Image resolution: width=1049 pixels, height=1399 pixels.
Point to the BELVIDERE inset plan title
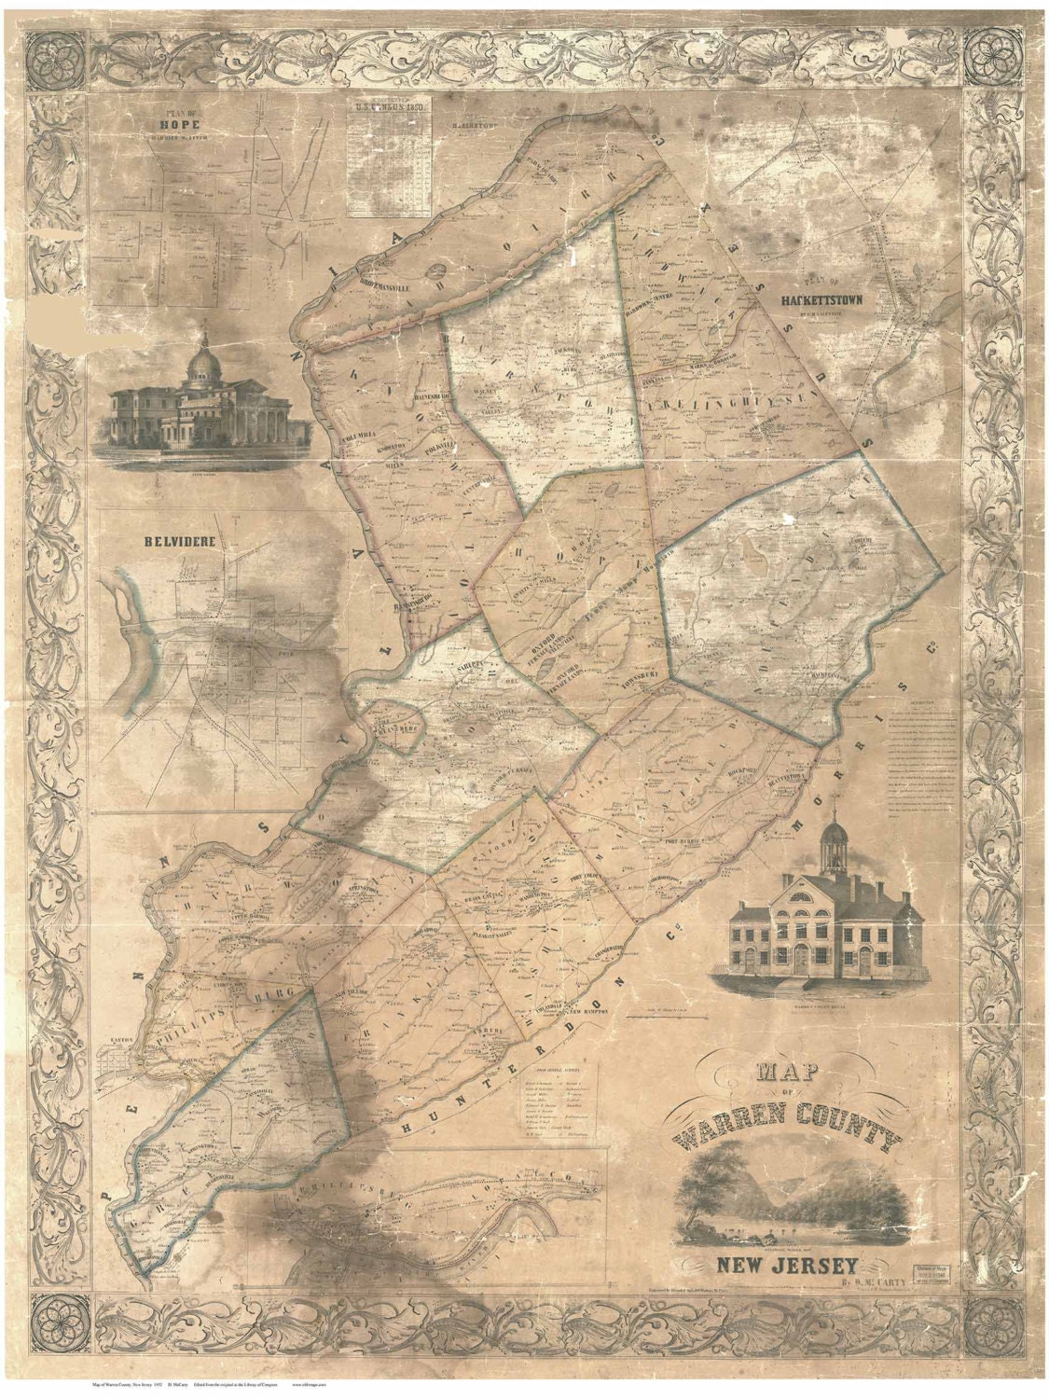pos(168,539)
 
